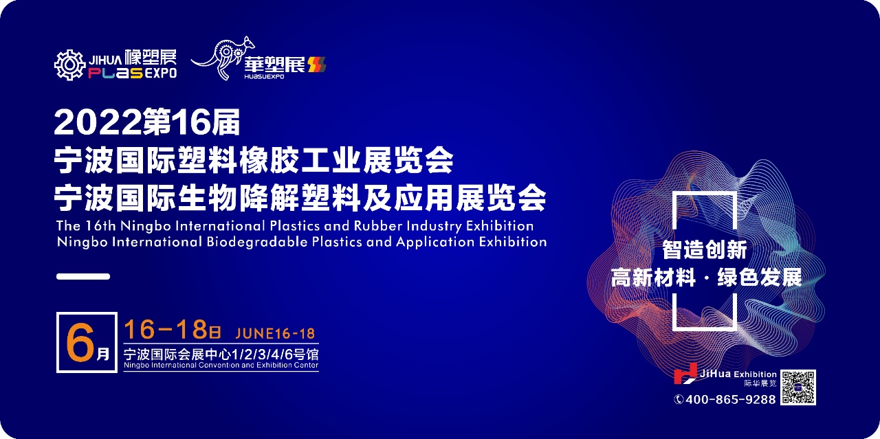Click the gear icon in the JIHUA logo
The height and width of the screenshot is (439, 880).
tap(70, 65)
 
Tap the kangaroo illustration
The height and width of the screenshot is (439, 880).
tap(223, 57)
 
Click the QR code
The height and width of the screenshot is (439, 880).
tap(798, 387)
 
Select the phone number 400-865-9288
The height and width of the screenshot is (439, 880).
tap(731, 399)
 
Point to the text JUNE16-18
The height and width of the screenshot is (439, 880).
tap(275, 334)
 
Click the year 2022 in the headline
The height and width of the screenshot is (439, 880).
tap(98, 122)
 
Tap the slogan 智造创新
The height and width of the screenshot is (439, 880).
tap(705, 250)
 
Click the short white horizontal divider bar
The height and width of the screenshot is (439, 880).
tap(83, 276)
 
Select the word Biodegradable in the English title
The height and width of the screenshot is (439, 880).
tap(257, 242)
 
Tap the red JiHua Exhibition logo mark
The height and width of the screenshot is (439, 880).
tap(685, 374)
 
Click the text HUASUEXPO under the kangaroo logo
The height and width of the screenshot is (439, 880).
tap(264, 76)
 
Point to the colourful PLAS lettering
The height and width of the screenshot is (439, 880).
tap(115, 73)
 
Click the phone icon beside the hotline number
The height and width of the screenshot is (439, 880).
tap(679, 399)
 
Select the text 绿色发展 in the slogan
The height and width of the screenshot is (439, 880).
tap(760, 278)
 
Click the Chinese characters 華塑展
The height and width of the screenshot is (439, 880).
tap(274, 65)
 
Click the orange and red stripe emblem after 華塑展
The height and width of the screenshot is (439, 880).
tap(317, 65)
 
